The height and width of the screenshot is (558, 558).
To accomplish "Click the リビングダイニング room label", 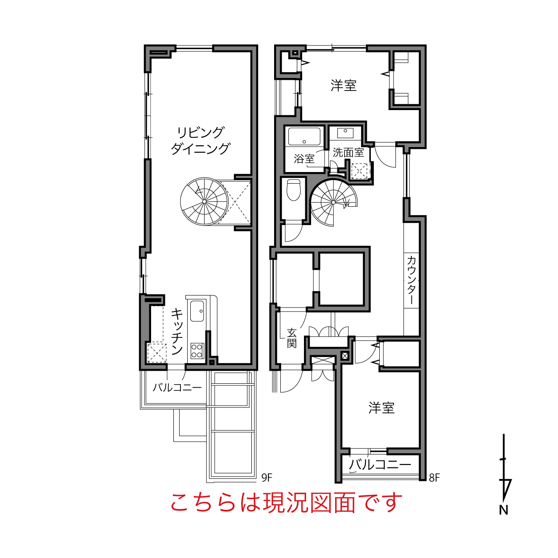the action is [201, 141].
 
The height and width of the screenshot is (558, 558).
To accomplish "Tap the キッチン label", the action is [177, 331].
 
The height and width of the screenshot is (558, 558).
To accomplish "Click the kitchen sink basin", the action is [197, 311].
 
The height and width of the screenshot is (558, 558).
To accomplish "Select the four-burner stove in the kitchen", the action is [197, 351].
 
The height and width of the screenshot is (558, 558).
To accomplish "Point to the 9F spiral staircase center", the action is [204, 201].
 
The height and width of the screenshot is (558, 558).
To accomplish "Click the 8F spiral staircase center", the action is [333, 202].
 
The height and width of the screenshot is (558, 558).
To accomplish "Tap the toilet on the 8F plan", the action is [293, 190].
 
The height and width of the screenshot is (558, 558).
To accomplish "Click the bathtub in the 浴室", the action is [304, 136].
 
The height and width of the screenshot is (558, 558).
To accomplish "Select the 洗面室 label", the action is [348, 152].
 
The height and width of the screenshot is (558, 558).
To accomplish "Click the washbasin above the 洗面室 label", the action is [345, 133].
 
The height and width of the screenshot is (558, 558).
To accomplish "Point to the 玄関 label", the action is [291, 338].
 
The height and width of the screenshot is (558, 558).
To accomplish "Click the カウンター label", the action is [411, 280].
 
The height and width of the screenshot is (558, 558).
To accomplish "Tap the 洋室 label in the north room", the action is [344, 86].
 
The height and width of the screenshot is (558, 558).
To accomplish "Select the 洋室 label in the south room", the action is [382, 408].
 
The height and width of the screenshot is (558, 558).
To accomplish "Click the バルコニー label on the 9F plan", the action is [177, 387].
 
